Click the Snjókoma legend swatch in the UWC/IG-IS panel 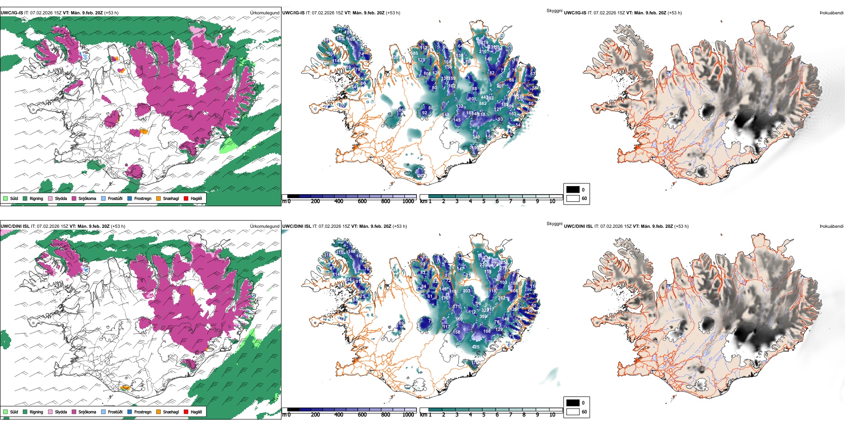pyautogui.click(x=74, y=198)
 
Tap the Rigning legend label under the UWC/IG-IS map pyautogui.click(x=36, y=198)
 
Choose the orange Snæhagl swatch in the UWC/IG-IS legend pyautogui.click(x=158, y=198)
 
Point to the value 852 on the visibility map pyautogui.click(x=483, y=103)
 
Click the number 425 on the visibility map pyautogui.click(x=475, y=347)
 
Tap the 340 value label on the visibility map pyautogui.click(x=476, y=137)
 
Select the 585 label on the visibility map pyautogui.click(x=414, y=53)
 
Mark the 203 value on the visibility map pyautogui.click(x=466, y=291)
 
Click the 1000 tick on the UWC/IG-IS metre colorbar pyautogui.click(x=408, y=201)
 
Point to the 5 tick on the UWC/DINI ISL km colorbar pyautogui.click(x=484, y=415)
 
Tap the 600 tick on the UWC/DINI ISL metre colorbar pyautogui.click(x=362, y=415)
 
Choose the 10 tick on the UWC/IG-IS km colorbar pyautogui.click(x=552, y=201)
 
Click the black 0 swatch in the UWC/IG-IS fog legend pyautogui.click(x=573, y=190)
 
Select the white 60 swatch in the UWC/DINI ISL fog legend pyautogui.click(x=573, y=412)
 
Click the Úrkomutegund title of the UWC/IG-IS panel pyautogui.click(x=264, y=13)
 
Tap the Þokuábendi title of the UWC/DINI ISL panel pyautogui.click(x=831, y=226)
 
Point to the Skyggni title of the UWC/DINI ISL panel pyautogui.click(x=554, y=224)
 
